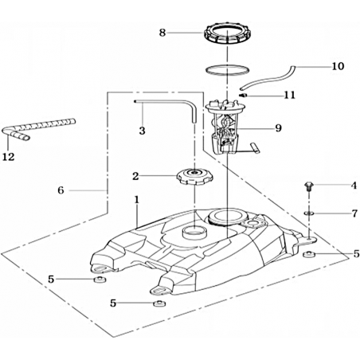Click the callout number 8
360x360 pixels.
click(x=162, y=33)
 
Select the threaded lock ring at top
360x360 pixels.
click(x=228, y=34)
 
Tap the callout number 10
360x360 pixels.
click(x=338, y=66)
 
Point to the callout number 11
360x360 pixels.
click(x=289, y=95)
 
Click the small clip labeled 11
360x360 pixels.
click(x=243, y=95)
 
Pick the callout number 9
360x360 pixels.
click(x=278, y=128)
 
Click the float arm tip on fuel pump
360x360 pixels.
click(x=255, y=147)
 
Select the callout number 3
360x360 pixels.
click(x=142, y=131)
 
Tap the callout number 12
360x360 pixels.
click(x=8, y=157)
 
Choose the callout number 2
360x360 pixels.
click(x=135, y=176)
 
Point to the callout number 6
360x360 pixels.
click(x=61, y=190)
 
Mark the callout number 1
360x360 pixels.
click(x=136, y=200)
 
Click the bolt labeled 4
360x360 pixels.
click(x=308, y=186)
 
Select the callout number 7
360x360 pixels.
click(x=354, y=213)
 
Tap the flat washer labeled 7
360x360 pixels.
click(x=308, y=213)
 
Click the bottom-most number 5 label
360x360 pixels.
click(x=113, y=303)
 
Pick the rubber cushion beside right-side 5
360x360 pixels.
click(x=309, y=254)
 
